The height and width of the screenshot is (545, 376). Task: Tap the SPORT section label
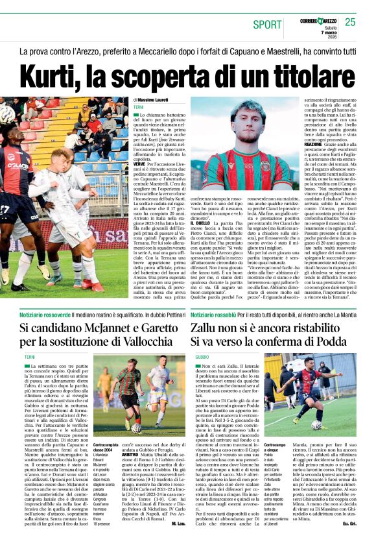(267, 24)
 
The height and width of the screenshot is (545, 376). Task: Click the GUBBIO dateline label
(202, 357)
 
